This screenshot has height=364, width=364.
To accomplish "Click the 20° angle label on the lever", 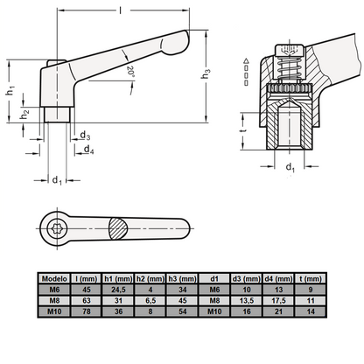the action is [130, 72].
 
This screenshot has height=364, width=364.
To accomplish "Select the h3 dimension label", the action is [206, 73].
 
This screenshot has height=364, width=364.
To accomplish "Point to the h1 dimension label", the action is [10, 90].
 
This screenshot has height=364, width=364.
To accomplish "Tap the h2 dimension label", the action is [24, 114].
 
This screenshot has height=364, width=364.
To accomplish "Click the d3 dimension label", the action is [85, 136].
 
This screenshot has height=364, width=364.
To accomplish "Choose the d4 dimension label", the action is [88, 150].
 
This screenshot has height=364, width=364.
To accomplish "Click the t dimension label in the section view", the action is [243, 130].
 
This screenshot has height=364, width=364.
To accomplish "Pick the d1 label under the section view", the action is [290, 167].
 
